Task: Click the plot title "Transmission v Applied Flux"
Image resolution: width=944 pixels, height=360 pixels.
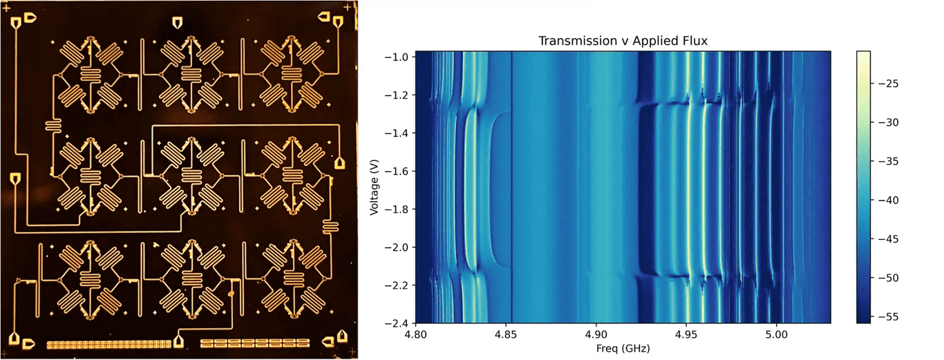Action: (623, 41)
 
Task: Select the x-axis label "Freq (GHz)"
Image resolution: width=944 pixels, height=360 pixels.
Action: (623, 349)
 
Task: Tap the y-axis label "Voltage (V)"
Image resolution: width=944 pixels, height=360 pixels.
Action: (374, 187)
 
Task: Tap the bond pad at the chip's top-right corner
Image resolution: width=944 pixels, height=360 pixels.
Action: (338, 23)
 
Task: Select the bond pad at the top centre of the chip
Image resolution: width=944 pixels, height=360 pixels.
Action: (179, 21)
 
